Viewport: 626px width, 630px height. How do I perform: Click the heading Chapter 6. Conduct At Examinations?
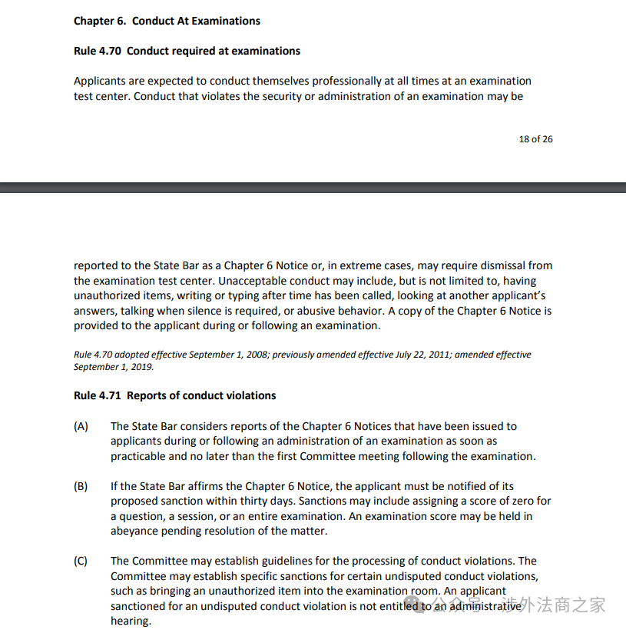167,21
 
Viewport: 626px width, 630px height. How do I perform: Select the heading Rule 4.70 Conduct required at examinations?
187,51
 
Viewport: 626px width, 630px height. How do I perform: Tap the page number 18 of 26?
535,139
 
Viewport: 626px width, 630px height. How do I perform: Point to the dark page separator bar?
313,187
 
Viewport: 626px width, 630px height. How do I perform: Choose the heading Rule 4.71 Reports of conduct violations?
174,395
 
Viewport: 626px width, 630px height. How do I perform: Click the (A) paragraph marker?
81,426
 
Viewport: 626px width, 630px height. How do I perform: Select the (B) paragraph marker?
81,486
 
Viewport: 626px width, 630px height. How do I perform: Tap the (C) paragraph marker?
81,561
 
